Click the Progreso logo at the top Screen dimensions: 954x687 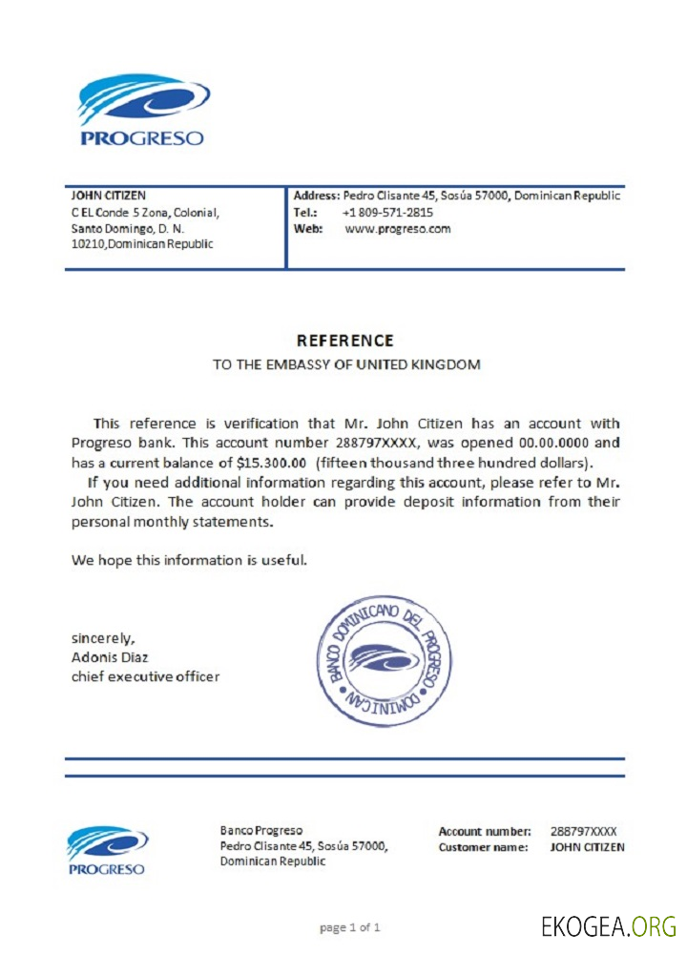coord(142,111)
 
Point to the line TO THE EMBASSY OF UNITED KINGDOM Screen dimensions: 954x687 coord(345,364)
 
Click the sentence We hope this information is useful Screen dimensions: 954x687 coord(189,560)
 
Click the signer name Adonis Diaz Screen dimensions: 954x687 coord(110,657)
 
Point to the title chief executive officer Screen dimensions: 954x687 coord(145,676)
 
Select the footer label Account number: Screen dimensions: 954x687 coord(485,831)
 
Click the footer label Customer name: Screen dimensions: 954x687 coord(483,847)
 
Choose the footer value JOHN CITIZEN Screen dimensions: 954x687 coord(588,847)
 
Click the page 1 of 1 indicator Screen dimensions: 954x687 coord(350,927)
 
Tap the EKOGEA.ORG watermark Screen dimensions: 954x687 coord(609,925)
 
